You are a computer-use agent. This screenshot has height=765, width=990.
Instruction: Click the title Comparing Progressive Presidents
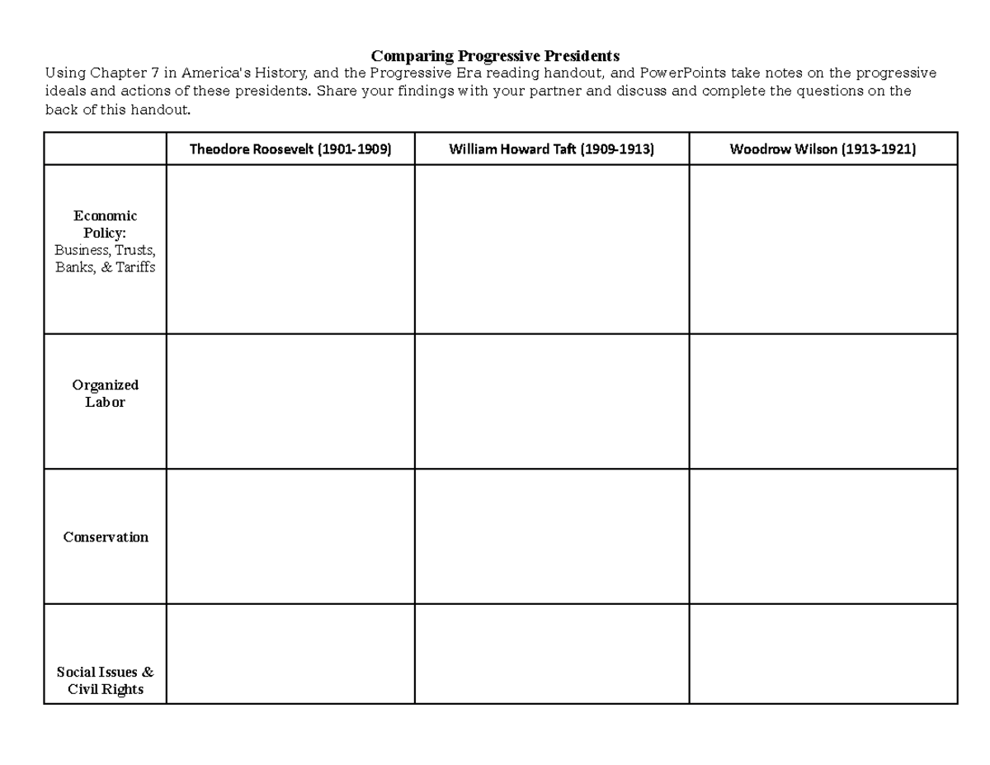(494, 56)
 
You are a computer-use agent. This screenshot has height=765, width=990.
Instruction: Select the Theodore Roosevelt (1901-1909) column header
(290, 149)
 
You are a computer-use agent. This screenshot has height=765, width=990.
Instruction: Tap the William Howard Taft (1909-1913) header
(551, 149)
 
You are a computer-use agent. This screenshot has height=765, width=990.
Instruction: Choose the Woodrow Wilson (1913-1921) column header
(823, 149)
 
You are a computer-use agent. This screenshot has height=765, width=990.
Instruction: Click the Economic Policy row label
(106, 224)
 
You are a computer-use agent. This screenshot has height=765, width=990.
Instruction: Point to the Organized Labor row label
(106, 394)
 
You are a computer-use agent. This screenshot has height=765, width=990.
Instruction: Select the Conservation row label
(106, 537)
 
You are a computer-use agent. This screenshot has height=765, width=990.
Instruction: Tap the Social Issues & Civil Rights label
(106, 681)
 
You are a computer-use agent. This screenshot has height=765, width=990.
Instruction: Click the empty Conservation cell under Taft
(551, 536)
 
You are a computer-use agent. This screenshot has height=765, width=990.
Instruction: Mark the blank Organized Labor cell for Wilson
(823, 401)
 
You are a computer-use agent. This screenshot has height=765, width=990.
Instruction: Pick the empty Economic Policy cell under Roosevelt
(290, 249)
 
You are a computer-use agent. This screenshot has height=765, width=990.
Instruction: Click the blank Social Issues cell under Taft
(551, 654)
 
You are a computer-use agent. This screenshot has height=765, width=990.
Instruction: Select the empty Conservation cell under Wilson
(823, 536)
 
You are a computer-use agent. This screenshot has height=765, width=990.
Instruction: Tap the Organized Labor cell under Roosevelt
(290, 401)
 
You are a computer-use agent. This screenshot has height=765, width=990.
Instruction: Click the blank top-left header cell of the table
(106, 149)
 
